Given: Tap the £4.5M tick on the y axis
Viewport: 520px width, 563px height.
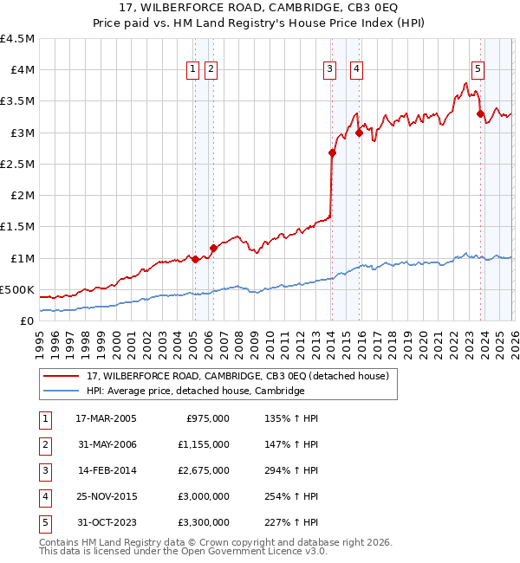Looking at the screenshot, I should click(18, 39).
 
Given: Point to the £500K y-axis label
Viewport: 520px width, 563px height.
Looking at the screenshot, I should click(17, 290).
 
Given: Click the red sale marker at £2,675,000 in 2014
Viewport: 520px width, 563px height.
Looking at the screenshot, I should click(332, 153).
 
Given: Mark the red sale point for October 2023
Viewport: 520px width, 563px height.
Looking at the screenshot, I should click(480, 113).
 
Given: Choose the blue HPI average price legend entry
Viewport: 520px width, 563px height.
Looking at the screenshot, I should click(195, 391).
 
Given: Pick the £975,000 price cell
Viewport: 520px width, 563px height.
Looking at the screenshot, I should click(208, 418).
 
